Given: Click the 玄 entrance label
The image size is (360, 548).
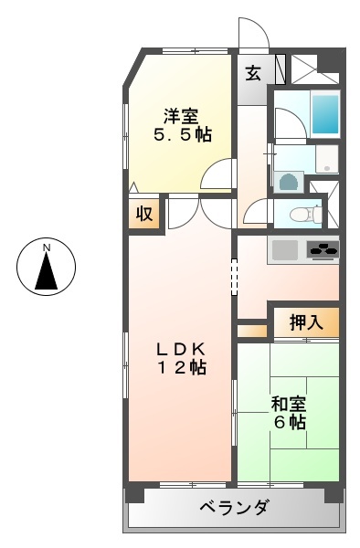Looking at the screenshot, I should pyautogui.click(x=253, y=73).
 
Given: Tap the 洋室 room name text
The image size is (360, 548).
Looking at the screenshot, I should pyautogui.click(x=181, y=116).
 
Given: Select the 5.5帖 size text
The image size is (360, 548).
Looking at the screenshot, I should pyautogui.click(x=182, y=135).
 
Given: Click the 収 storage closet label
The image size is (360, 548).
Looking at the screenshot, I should pyautogui.click(x=144, y=215).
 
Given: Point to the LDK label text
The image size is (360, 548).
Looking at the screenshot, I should pyautogui.click(x=179, y=348).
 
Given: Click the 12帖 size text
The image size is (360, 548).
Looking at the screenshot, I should pyautogui.click(x=179, y=367).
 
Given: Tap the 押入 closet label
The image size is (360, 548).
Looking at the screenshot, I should pyautogui.click(x=306, y=321).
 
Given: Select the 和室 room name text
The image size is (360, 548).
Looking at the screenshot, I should pyautogui.click(x=288, y=403).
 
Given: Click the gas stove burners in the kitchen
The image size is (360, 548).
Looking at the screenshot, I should pyautogui.click(x=322, y=248).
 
